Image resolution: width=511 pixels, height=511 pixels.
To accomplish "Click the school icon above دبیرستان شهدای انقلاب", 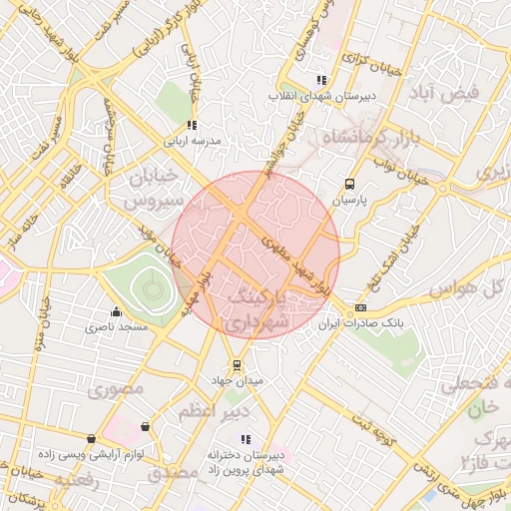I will pyautogui.click(x=320, y=80).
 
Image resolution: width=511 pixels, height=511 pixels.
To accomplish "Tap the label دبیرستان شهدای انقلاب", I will pyautogui.click(x=320, y=97).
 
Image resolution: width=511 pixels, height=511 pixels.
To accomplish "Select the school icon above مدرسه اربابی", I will pyautogui.click(x=191, y=126).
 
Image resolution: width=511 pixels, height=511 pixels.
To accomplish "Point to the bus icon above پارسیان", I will pyautogui.click(x=349, y=184).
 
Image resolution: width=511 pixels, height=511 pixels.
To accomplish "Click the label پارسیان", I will pyautogui.click(x=349, y=201).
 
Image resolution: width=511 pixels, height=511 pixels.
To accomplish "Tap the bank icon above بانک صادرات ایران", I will pyautogui.click(x=359, y=307).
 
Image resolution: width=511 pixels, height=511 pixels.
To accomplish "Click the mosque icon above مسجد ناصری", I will pyautogui.click(x=117, y=310).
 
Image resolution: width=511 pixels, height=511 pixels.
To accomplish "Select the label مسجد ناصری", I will pyautogui.click(x=117, y=326).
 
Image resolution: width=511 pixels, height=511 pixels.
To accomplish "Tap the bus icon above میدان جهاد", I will pyautogui.click(x=236, y=364).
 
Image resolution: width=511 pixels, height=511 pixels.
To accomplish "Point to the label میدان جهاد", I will pyautogui.click(x=236, y=381).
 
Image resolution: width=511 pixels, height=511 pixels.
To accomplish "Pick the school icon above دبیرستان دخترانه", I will pyautogui.click(x=246, y=439).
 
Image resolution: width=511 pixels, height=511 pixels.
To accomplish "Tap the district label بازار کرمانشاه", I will pyautogui.click(x=365, y=137).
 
